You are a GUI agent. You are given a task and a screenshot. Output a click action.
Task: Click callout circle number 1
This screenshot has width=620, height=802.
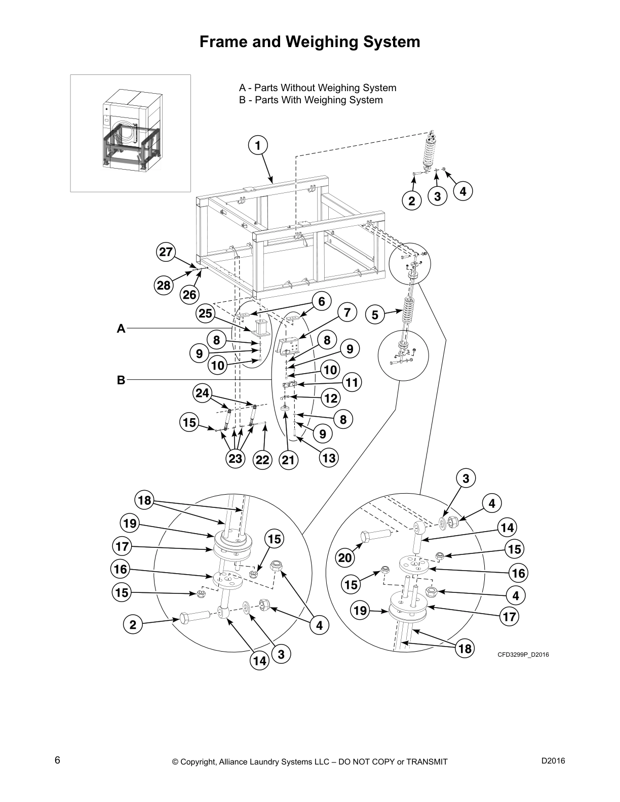257,145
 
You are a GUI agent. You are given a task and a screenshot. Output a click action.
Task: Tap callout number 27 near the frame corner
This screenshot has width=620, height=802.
166,252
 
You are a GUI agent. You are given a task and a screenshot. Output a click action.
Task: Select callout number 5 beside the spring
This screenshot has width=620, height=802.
375,315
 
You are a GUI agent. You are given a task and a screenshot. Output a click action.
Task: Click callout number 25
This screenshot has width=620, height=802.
205,314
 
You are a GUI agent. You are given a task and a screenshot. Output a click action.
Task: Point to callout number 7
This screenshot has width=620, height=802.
347,312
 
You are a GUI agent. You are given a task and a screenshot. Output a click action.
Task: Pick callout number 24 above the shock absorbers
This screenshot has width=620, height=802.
203,393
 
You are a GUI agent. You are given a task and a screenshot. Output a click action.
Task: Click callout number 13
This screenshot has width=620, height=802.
328,458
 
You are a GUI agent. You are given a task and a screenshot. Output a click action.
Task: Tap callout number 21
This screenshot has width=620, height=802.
288,460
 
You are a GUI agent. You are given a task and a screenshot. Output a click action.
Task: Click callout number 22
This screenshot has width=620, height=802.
262,460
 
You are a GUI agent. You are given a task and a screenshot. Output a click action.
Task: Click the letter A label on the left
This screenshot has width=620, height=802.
121,329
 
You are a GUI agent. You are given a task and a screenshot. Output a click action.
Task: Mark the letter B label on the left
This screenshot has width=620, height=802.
121,380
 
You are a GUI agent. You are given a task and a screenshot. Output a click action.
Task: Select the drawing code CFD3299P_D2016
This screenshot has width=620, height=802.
523,655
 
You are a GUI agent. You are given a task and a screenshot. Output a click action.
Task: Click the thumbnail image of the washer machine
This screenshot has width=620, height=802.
131,133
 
